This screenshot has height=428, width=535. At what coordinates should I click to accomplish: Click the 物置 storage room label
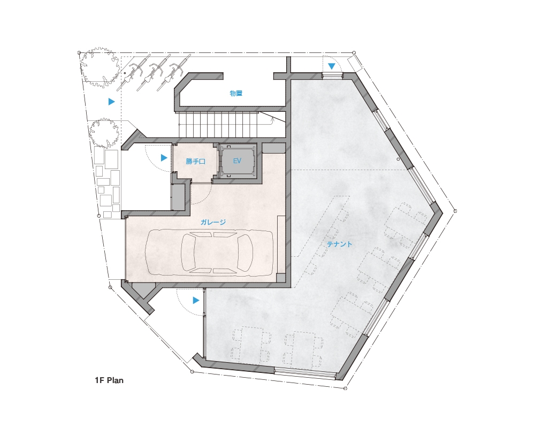(236, 93)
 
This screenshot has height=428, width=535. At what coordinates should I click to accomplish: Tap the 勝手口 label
(195, 161)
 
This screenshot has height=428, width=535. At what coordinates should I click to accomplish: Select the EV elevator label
(237, 160)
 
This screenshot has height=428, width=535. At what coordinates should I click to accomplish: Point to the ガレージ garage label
(213, 222)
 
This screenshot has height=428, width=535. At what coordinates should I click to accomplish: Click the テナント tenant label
(339, 244)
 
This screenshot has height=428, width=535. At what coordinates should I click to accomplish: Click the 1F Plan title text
(109, 380)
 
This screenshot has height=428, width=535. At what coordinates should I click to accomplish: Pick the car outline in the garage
(209, 253)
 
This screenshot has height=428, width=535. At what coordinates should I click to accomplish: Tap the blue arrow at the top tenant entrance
(331, 66)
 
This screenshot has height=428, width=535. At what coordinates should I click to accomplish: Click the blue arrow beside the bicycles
(111, 101)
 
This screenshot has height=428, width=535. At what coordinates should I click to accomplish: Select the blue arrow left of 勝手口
(164, 158)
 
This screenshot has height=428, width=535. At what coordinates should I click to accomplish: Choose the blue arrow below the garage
(195, 300)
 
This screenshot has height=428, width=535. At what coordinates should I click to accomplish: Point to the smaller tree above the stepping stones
(104, 133)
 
